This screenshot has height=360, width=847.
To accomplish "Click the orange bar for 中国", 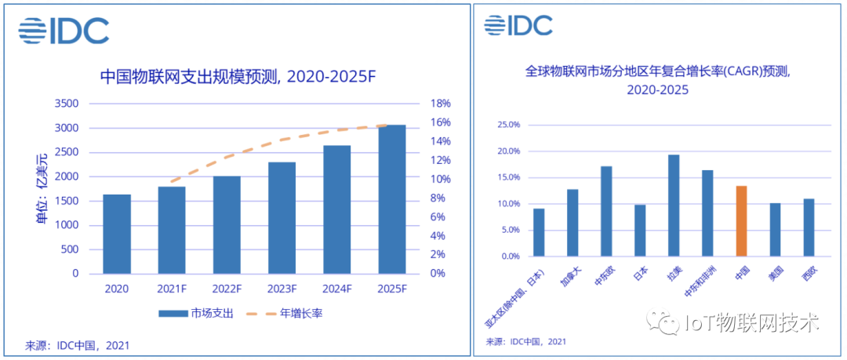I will click(741, 221).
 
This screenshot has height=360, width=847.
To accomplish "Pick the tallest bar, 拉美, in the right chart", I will click(674, 205).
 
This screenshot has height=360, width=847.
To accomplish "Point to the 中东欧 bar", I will click(606, 211).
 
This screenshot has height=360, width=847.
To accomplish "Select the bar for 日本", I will click(640, 231).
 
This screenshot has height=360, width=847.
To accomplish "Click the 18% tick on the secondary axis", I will click(439, 104).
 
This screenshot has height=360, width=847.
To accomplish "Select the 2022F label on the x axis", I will click(226, 289).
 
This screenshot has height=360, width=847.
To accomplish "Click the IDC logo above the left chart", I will click(64, 31).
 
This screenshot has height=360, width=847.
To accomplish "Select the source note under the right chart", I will click(525, 341).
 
